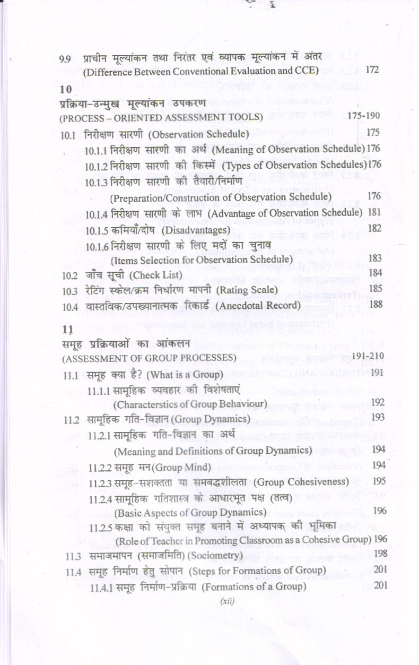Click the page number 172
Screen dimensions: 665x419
coord(372,70)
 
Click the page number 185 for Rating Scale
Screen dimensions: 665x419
coord(374,289)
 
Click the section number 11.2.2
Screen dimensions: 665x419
coord(100,467)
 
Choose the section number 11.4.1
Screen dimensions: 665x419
coord(102,587)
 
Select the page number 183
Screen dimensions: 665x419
coord(374,258)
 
